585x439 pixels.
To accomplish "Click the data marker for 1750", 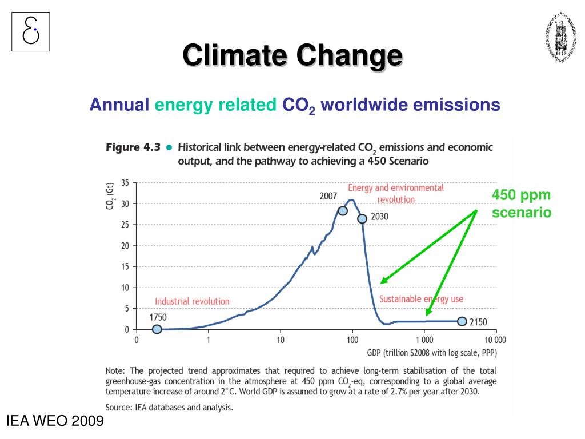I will [157, 329].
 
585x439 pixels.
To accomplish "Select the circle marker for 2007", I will [343, 210].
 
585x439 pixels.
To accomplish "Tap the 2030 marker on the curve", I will [362, 218].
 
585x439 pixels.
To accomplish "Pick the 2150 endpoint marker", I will [462, 321].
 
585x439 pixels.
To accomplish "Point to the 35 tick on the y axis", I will [125, 183].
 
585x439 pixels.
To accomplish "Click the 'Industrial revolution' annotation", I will [192, 301].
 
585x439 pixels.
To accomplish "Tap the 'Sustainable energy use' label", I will [421, 299].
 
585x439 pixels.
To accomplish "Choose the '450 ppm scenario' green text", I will [522, 204].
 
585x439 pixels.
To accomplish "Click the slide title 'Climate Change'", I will [292, 56].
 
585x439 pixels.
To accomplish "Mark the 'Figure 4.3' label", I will [132, 147].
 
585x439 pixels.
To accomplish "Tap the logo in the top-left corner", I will [31, 31].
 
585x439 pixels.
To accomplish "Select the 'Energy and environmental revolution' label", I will [395, 194].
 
